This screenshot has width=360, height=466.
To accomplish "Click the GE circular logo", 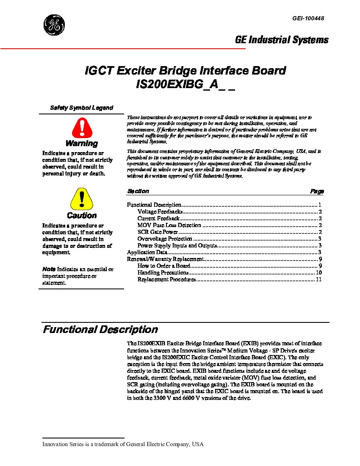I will pyautogui.click(x=54, y=25).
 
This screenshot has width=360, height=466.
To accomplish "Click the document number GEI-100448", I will pyautogui.click(x=308, y=18).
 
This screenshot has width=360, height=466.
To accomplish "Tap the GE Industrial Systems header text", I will pyautogui.click(x=282, y=40).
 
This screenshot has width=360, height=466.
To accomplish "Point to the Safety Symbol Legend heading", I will pyautogui.click(x=82, y=108).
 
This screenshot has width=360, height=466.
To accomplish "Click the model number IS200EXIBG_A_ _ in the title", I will pyautogui.click(x=185, y=84).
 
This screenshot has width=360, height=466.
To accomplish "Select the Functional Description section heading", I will pyautogui.click(x=100, y=330).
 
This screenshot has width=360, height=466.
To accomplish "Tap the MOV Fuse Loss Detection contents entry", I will pyautogui.click(x=169, y=225).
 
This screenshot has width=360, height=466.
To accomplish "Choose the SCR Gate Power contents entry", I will pyautogui.click(x=157, y=232).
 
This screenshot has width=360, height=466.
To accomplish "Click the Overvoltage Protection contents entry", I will pyautogui.click(x=165, y=239).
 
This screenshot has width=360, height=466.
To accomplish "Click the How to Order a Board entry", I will pyautogui.click(x=163, y=266).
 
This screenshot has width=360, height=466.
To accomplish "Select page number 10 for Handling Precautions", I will pyautogui.click(x=319, y=273).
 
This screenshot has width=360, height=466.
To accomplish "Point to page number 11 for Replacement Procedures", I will pyautogui.click(x=319, y=280).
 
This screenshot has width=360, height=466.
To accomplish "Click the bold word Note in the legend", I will pyautogui.click(x=49, y=269).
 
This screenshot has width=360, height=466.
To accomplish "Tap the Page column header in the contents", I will pyautogui.click(x=317, y=191).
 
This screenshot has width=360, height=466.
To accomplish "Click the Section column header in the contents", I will pyautogui.click(x=138, y=191).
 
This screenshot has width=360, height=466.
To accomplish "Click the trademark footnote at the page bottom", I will pyautogui.click(x=123, y=444).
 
